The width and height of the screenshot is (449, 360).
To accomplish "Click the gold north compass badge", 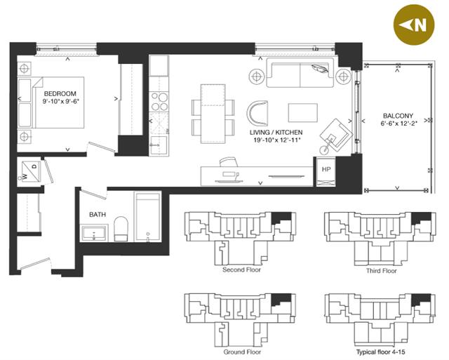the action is (414, 25).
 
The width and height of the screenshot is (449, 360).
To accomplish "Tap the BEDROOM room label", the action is (60, 93).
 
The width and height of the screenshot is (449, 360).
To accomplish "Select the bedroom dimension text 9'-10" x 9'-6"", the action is (60, 101).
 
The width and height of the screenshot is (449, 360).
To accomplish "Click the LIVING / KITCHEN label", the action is (276, 133).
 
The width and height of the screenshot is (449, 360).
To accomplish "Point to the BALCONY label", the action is (398, 116).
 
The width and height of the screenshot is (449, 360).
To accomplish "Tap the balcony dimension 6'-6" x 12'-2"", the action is (398, 124).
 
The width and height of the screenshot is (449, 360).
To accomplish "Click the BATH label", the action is (98, 215).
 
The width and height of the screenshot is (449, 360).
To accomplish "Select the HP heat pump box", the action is (326, 172).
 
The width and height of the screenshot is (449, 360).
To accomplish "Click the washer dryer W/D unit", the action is (31, 171).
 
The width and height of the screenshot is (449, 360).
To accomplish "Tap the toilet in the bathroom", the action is (121, 229).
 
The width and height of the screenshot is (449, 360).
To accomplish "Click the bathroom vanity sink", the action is (94, 233).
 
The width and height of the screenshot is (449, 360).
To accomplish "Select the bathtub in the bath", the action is (147, 217).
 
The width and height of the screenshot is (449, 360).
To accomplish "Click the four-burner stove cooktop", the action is (159, 102).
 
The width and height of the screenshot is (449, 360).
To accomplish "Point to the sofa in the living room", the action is (300, 73).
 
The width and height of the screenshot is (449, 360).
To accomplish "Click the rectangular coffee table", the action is (302, 113).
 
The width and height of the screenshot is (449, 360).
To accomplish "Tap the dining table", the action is (213, 114).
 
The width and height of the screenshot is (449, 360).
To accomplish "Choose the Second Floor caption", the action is (241, 269).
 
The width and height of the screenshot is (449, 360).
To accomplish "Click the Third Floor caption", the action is (382, 271).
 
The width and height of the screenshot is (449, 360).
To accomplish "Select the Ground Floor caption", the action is (242, 352).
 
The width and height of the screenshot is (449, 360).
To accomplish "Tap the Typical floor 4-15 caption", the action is (380, 352).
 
